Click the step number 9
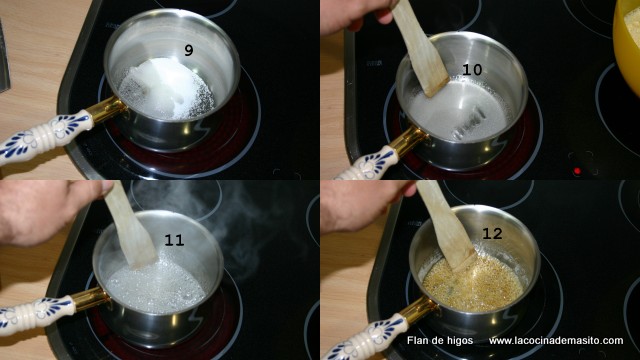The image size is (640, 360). coord(188,50)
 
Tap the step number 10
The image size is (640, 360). coord(472,70)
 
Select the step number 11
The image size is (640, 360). coord(174,240)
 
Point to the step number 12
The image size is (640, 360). coord(492,233)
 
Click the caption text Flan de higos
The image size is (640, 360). coord(440,340)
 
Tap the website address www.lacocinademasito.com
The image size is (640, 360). coord(556,340)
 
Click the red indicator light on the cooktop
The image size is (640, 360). coord(577,171)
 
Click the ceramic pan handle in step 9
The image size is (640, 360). coord(44,136)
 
